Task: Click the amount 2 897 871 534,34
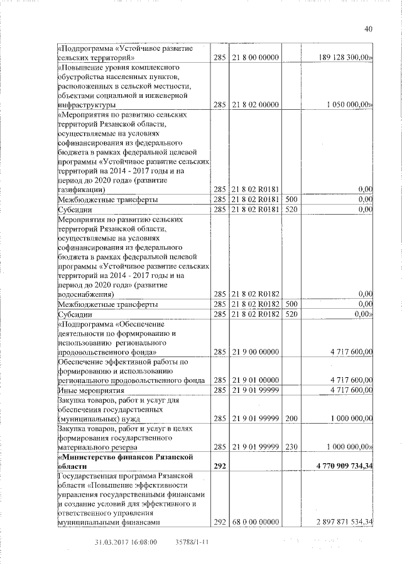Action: [337, 522]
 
